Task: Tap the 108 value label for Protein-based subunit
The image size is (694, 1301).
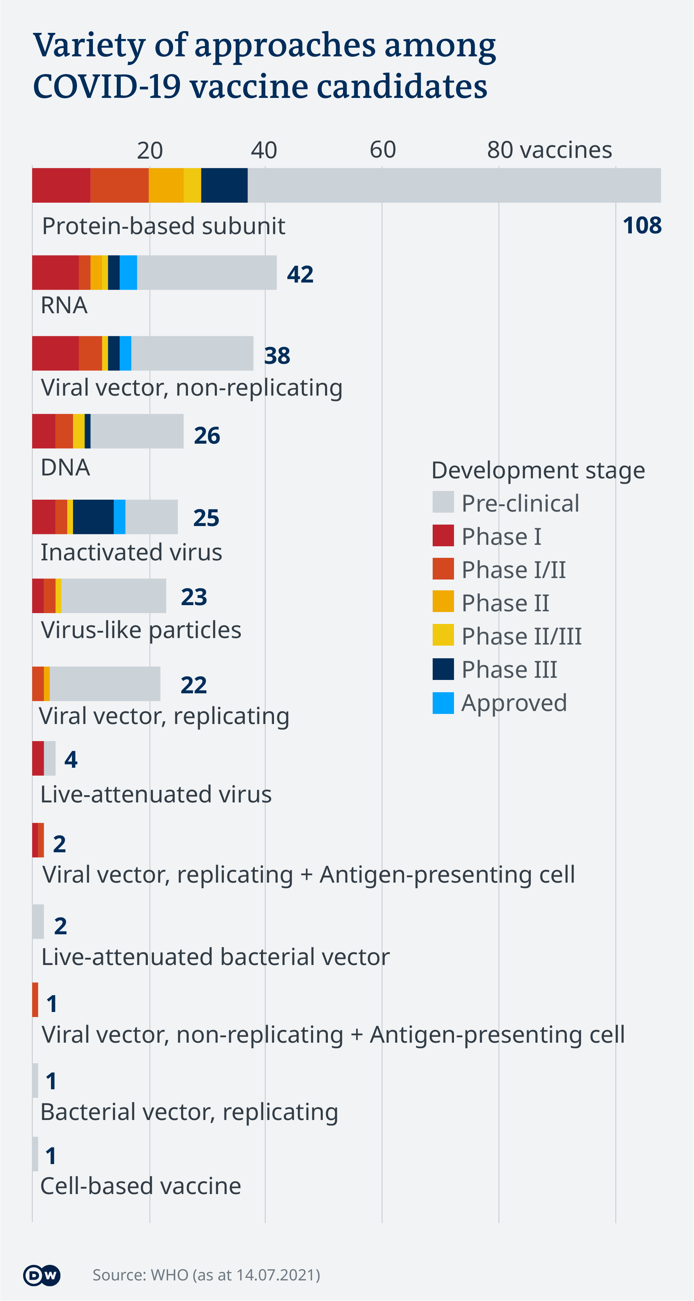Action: pos(642,225)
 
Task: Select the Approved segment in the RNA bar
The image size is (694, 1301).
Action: pos(128,273)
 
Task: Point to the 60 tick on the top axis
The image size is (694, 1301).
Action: pos(383,150)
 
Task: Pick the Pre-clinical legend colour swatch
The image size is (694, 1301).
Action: pos(443,503)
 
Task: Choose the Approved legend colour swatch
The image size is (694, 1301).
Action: pos(443,702)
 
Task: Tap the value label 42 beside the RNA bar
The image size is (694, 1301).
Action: pos(300,274)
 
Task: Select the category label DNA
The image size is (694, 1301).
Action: pos(65,468)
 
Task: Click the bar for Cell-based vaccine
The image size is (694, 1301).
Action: pos(35,1154)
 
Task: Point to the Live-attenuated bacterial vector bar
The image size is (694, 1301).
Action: pos(38,921)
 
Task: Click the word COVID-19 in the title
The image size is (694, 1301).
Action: pos(107,87)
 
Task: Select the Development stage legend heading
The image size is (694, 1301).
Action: pos(538,470)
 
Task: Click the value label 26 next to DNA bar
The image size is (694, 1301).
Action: pos(207,435)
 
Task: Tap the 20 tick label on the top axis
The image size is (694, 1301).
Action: pos(150,151)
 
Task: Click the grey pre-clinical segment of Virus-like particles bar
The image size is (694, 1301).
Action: pos(114,596)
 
